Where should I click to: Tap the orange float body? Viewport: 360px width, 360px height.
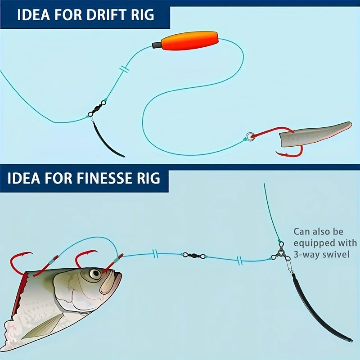[x=191, y=41]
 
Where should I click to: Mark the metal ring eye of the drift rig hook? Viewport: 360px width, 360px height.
[x=250, y=135]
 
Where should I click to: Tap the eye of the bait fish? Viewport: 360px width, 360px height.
[x=94, y=274]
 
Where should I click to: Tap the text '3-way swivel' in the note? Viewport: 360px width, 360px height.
[x=322, y=255]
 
